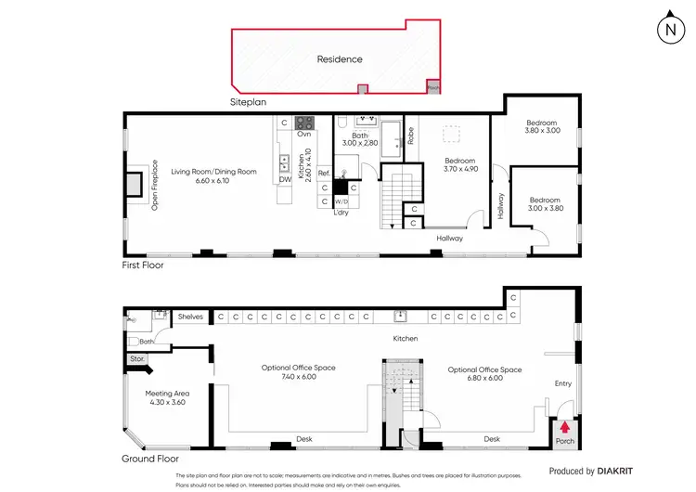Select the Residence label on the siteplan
click(x=340, y=59)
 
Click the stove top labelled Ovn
click(x=304, y=123)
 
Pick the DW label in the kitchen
click(x=285, y=179)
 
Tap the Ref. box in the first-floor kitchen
click(x=324, y=174)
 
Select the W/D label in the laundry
click(x=341, y=201)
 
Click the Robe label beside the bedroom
click(x=410, y=136)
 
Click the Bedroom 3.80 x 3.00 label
click(x=541, y=127)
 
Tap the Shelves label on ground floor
click(x=190, y=317)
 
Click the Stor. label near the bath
click(x=136, y=357)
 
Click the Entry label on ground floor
click(x=563, y=382)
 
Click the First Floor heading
click(x=148, y=265)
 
